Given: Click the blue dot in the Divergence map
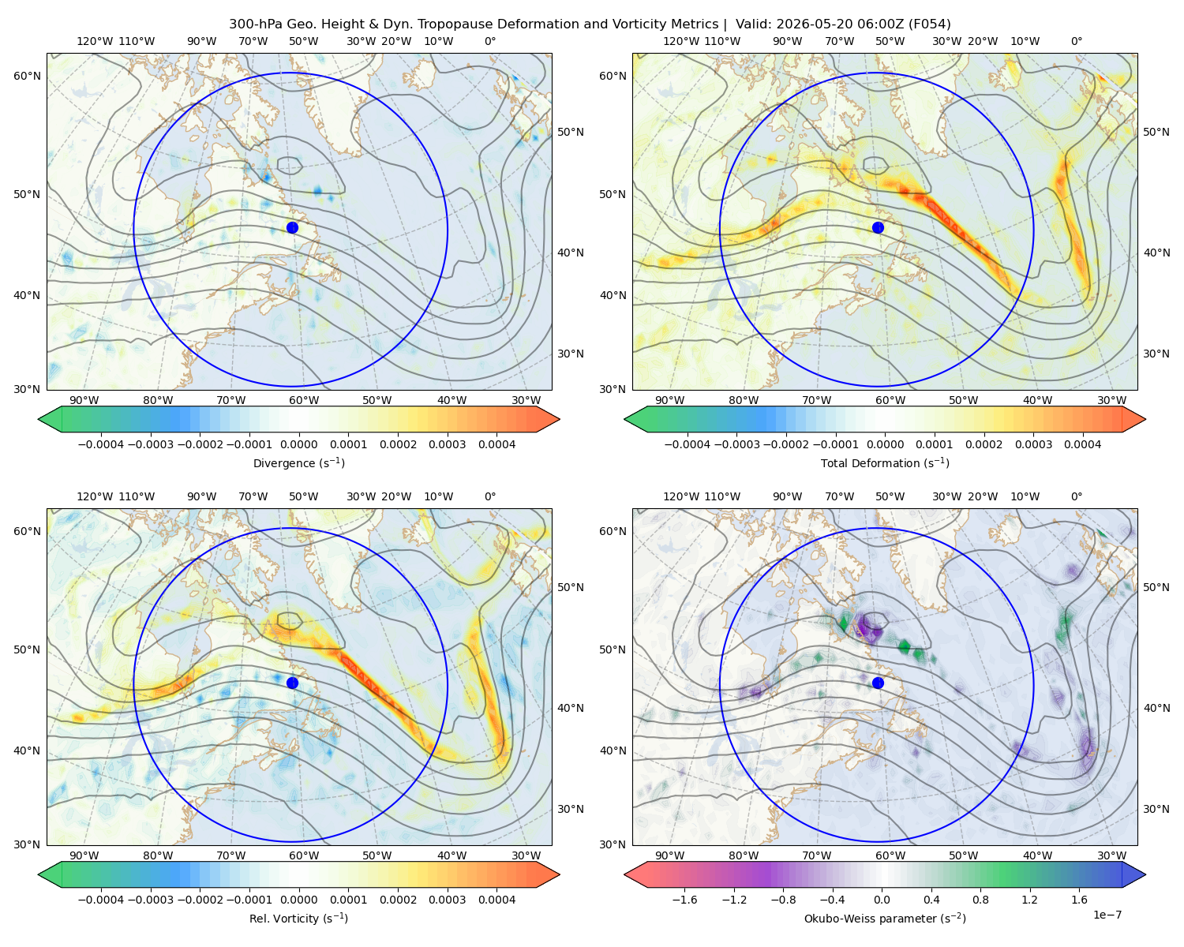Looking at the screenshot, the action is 292,227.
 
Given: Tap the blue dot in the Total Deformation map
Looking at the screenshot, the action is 878,227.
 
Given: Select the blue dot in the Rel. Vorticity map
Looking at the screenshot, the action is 292,683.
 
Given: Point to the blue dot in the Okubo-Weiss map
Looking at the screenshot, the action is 878,683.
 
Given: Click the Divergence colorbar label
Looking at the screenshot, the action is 298,462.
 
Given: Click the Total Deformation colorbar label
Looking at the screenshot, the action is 885,462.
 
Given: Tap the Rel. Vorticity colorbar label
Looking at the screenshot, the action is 298,919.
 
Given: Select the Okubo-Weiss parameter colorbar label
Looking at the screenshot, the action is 885,919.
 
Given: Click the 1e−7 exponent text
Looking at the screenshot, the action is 1107,915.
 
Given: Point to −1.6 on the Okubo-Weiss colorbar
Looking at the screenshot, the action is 684,900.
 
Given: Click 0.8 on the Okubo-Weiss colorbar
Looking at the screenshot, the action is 980,900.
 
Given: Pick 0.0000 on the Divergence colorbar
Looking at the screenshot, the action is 298,444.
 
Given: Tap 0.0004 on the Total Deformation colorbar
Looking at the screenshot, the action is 1082,444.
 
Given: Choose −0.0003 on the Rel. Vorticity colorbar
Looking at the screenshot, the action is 150,900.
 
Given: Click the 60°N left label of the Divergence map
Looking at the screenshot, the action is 28,76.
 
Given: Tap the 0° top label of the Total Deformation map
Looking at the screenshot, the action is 1076,41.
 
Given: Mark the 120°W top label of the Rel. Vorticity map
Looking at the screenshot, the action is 95,496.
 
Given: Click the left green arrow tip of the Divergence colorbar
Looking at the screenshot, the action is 39,419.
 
